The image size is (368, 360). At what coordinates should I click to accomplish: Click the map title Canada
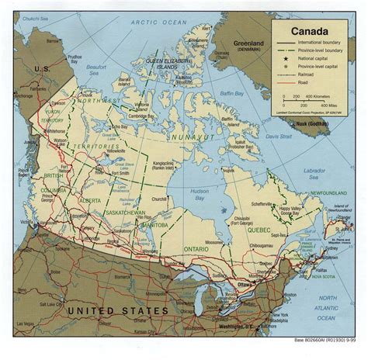pos(309,32)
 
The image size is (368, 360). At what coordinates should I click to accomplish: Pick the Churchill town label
pos(160,199)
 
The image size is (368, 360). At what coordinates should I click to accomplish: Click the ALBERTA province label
pos(89,200)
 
